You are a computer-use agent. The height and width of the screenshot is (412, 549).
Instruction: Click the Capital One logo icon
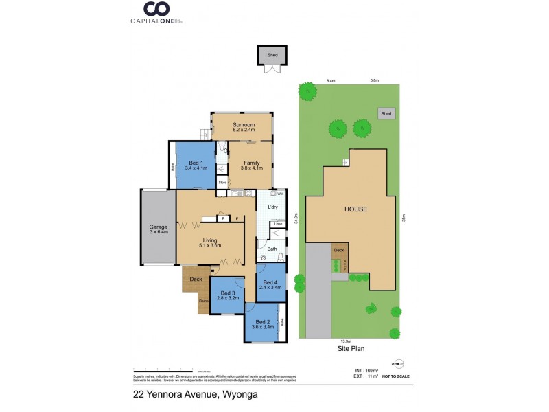point(156,9)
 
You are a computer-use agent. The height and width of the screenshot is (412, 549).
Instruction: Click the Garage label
point(159,229)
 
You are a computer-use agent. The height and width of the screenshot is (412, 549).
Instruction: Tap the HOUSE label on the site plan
point(355,209)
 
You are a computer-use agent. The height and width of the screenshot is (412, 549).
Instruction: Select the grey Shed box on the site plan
point(386,113)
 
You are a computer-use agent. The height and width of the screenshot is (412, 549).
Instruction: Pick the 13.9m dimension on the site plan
point(346,341)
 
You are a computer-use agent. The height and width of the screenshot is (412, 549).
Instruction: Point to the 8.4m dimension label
point(331,81)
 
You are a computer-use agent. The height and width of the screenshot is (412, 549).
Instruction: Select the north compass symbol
point(399,363)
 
